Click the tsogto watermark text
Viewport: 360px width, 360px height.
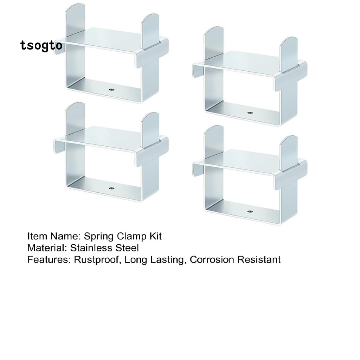pos(41,46)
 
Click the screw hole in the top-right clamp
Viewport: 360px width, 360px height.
pos(250,113)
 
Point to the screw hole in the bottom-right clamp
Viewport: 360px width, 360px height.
pos(250,212)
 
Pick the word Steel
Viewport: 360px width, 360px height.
pos(127,248)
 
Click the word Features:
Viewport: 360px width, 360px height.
pos(49,260)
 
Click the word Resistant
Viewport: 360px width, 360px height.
pos(259,260)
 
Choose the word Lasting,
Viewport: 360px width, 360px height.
pos(167,260)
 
